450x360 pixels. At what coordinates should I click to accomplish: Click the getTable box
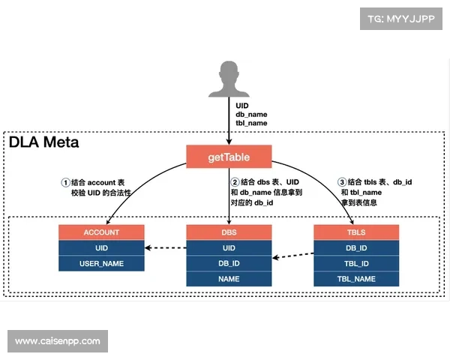pos(229,157)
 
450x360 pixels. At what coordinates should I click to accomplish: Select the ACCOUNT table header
pos(100,232)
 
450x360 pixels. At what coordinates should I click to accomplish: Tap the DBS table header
pos(229,232)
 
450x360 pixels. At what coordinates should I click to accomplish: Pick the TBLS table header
pos(356,232)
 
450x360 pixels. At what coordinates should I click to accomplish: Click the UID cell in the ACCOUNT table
pos(100,247)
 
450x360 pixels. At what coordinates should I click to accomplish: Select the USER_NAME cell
pos(100,263)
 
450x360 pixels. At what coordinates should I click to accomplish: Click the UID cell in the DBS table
pos(229,247)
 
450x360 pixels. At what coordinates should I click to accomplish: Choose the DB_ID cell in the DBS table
pos(229,263)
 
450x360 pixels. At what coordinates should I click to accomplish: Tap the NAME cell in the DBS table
pos(229,279)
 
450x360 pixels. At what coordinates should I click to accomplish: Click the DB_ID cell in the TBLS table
pos(356,247)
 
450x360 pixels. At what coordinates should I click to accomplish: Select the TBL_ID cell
pos(356,263)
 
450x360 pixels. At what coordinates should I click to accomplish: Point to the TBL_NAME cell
pos(356,279)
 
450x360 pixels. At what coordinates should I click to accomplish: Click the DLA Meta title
pos(43,142)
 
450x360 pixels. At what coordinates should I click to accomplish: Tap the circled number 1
pos(65,182)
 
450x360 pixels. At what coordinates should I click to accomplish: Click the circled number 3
pos(342,182)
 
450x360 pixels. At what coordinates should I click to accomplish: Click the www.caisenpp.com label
pos(57,341)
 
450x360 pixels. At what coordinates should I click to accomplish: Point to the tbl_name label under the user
pos(251,123)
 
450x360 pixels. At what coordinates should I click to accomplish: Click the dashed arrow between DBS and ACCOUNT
pos(164,248)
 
